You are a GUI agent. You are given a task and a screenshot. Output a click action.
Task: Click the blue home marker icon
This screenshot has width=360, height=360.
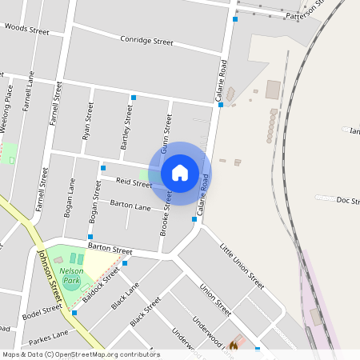(180, 173)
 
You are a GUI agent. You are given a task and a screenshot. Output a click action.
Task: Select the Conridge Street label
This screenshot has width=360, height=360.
(146, 40)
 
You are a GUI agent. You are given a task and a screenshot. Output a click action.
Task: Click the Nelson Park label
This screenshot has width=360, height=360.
(71, 276)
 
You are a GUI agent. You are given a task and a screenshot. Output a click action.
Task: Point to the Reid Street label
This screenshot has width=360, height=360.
(134, 183)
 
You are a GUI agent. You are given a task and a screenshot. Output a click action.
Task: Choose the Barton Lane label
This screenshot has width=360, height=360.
(130, 206)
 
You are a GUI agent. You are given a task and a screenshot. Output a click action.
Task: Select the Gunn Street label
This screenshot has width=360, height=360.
(166, 133)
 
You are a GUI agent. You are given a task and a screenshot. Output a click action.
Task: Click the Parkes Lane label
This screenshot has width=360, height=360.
(50, 334)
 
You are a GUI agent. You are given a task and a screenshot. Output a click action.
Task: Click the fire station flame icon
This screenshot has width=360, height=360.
(234, 346)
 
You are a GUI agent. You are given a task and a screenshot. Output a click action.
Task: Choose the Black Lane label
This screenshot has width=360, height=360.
(126, 295)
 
